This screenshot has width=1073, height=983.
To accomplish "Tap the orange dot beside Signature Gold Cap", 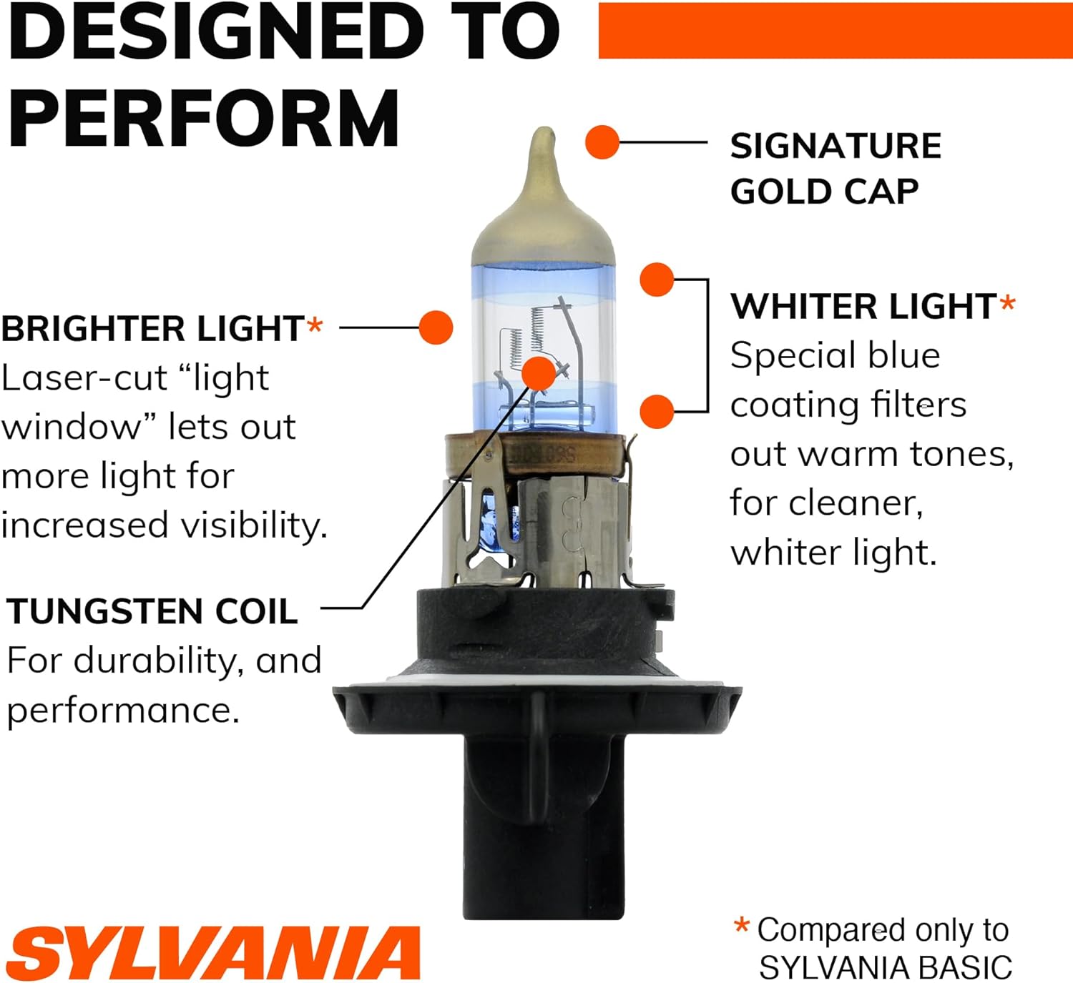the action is (x=602, y=142).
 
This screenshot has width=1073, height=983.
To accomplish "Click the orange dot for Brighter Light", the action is (x=436, y=327).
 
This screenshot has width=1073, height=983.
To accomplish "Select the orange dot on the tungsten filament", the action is (x=539, y=374).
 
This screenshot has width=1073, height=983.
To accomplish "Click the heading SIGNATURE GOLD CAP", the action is (x=836, y=169).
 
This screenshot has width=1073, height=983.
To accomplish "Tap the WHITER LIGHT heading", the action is (x=863, y=307).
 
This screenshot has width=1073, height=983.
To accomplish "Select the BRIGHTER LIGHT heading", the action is (x=153, y=328).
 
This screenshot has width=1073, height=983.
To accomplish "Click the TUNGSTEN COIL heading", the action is (x=152, y=611).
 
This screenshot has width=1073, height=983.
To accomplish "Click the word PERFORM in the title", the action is (x=204, y=118).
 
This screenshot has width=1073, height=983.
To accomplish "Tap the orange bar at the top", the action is (x=836, y=31).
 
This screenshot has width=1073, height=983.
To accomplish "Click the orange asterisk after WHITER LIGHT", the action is (x=1007, y=302).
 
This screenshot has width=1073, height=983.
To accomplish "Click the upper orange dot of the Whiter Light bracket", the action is (x=657, y=280).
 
